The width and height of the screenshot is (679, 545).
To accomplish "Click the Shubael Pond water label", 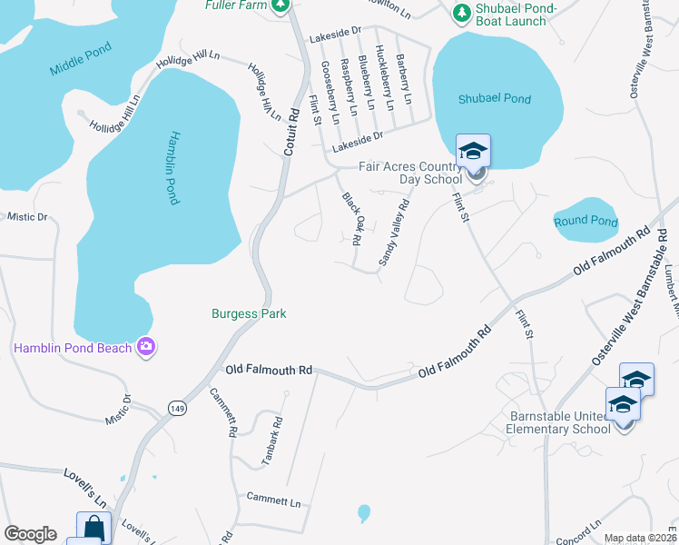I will click(x=495, y=99).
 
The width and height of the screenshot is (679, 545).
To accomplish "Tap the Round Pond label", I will click(x=586, y=222).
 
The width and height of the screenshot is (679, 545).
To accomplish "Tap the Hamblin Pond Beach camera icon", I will click(x=145, y=347).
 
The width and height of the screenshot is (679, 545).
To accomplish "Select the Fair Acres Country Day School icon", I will click(x=473, y=151).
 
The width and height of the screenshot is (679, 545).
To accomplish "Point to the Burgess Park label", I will click(x=249, y=313).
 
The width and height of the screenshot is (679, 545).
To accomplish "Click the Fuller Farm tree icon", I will click(x=281, y=5).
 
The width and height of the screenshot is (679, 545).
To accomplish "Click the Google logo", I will click(x=30, y=534).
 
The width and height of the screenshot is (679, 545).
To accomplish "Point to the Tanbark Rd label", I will click(x=272, y=441).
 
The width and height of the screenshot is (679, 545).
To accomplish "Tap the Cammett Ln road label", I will click(x=273, y=500).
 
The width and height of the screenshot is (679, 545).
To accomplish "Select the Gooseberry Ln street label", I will click(x=330, y=92).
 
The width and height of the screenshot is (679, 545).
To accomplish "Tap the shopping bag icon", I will click(x=94, y=528).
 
